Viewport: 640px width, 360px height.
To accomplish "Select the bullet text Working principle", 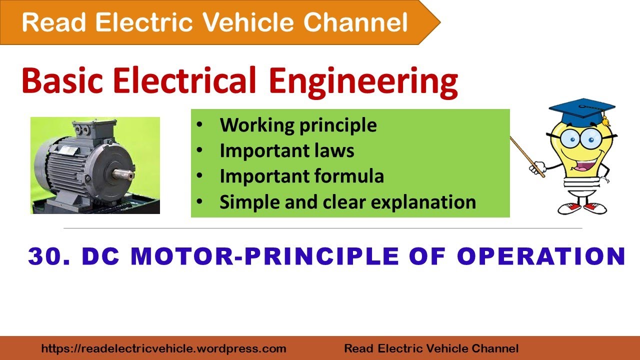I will click(x=298, y=125).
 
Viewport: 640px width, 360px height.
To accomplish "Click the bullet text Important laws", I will click(x=286, y=150).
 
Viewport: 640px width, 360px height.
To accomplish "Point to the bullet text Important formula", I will click(x=301, y=176).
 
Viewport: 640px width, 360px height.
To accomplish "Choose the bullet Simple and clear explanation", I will click(x=347, y=201).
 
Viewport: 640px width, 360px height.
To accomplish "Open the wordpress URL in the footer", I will click(x=163, y=348).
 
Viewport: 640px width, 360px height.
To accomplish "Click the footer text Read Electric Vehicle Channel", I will click(x=431, y=348).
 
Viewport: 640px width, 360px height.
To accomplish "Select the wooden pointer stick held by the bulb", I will click(x=527, y=155).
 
